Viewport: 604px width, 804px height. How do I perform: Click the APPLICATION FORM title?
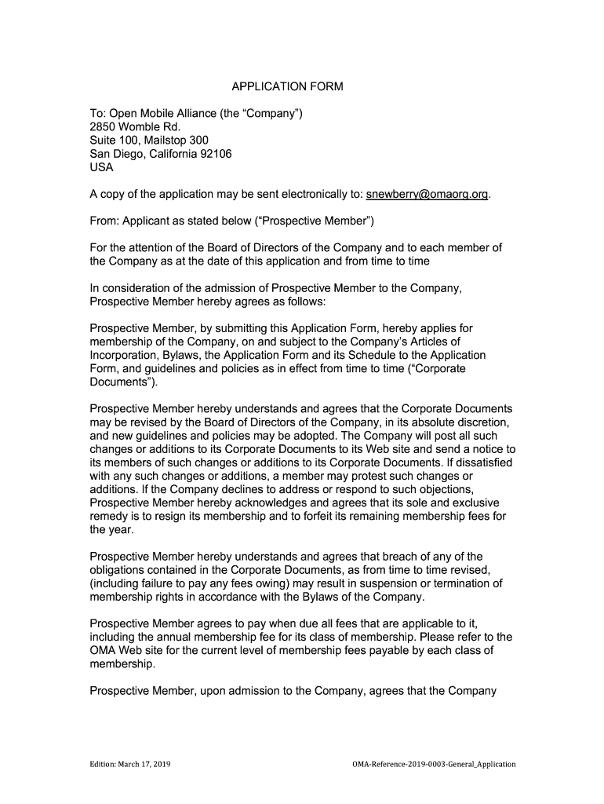[x=286, y=86]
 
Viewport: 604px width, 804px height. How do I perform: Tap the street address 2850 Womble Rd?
[x=135, y=127]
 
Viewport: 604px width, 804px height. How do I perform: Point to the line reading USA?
[x=102, y=167]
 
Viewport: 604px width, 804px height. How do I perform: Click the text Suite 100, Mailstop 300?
[x=149, y=141]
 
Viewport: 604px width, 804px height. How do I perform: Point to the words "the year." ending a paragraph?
[x=112, y=529]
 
